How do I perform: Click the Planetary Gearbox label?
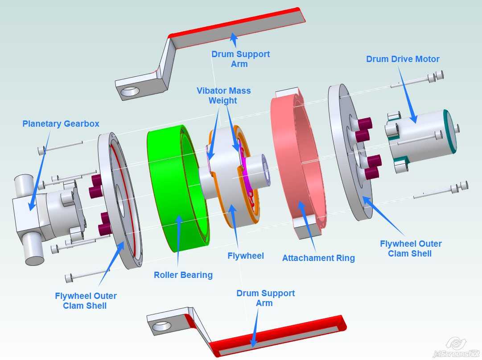pyautogui.click(x=61, y=124)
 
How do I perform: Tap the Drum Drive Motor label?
pyautogui.click(x=403, y=59)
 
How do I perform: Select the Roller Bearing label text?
pyautogui.click(x=183, y=275)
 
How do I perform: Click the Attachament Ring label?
pyautogui.click(x=318, y=258)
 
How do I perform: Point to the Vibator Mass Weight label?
pyautogui.click(x=223, y=95)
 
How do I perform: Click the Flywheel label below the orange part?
pyautogui.click(x=246, y=256)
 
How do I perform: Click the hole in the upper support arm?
pyautogui.click(x=130, y=91)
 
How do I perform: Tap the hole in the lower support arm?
pyautogui.click(x=161, y=327)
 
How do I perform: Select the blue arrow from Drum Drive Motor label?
pyautogui.click(x=408, y=94)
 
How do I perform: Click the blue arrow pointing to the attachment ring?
pyautogui.click(x=307, y=227)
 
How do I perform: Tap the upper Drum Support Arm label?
pyautogui.click(x=240, y=59)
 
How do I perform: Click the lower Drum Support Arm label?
pyautogui.click(x=266, y=298)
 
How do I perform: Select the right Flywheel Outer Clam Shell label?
pyautogui.click(x=411, y=249)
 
